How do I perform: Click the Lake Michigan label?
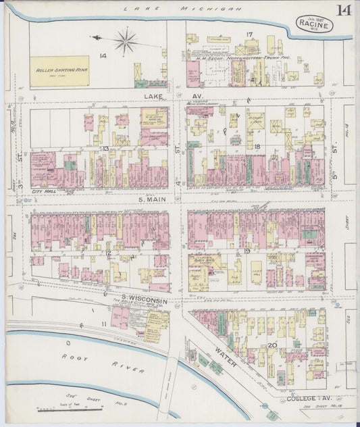pos(182,9)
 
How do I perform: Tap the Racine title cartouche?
pos(314,25)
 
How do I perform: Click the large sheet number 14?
pos(344,10)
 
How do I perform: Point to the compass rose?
pos(125,41)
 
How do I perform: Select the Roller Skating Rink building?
pos(59,71)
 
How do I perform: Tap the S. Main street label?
pos(153,199)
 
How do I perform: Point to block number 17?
pos(249,34)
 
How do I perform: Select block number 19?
pos(248,251)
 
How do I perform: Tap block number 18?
pos(257,146)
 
